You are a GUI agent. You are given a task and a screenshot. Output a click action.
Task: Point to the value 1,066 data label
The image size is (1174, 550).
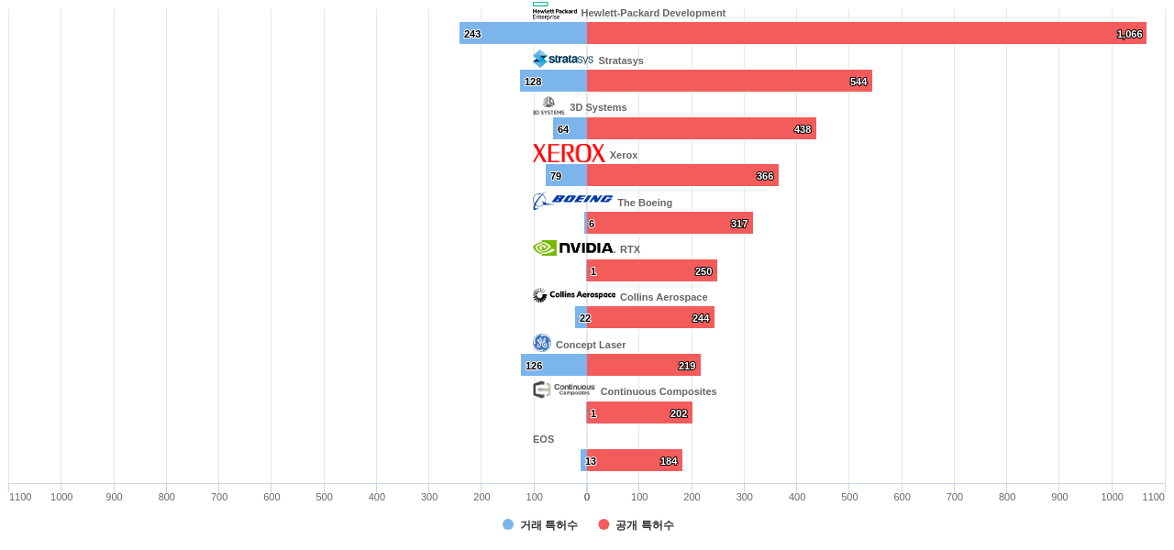[x=1129, y=34]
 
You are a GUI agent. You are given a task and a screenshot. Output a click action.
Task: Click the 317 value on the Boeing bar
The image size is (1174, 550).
[x=739, y=224]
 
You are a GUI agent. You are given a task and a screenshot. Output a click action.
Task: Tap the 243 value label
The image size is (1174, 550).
[x=472, y=34]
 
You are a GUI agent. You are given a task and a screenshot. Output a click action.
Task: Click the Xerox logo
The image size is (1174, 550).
[x=569, y=153]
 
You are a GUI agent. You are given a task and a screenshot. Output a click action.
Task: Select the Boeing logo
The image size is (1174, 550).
[x=572, y=201]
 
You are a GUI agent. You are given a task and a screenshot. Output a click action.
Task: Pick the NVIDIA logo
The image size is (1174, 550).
[x=573, y=247]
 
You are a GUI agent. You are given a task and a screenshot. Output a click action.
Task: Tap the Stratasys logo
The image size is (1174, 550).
[x=563, y=59]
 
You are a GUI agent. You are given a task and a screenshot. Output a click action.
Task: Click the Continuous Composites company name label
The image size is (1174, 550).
[x=659, y=391]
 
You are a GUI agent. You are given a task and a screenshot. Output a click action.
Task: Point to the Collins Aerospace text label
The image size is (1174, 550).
[x=664, y=297]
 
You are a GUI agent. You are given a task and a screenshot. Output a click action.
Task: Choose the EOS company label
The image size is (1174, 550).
[x=543, y=439]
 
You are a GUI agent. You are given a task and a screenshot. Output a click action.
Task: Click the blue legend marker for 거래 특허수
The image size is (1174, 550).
[x=508, y=524]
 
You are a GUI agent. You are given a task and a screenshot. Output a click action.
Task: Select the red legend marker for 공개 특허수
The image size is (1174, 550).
[x=604, y=524]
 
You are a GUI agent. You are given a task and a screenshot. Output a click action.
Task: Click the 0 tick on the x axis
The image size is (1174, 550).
[x=587, y=497]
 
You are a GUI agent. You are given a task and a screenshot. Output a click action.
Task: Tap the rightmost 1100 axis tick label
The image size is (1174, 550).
[x=1153, y=497]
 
